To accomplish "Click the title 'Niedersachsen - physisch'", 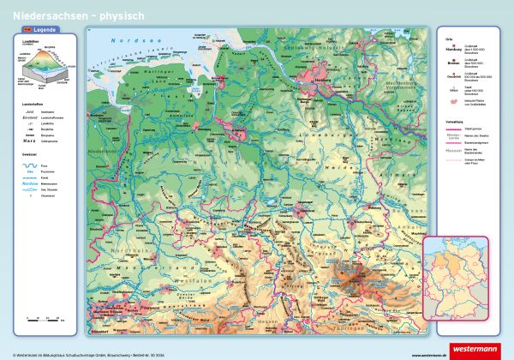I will pos(59,15).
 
